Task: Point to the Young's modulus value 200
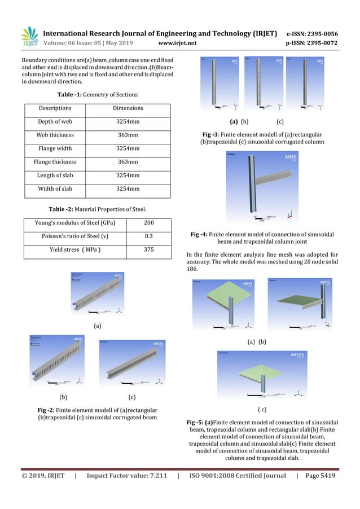click(149, 222)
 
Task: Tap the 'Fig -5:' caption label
click(200, 422)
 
